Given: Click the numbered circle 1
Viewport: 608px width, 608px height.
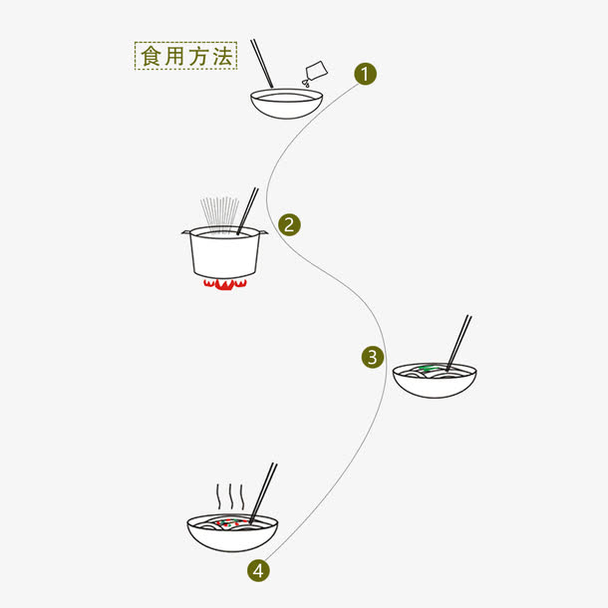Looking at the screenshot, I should point(366,73).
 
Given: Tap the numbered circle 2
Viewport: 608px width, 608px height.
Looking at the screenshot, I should point(289,223).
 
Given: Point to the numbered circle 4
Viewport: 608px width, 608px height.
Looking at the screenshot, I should point(258,570).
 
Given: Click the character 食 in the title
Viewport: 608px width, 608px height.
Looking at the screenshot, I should point(151,56).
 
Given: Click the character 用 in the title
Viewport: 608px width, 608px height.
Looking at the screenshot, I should point(173,56).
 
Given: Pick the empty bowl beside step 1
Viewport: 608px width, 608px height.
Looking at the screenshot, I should point(288,104).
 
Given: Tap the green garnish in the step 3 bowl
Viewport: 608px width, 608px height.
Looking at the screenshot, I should point(427,369).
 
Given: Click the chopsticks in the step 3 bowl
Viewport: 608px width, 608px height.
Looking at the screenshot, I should point(459,342).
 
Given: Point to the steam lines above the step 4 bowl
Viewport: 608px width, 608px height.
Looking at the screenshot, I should point(230,495).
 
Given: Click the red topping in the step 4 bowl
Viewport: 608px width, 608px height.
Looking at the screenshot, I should point(228,523).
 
